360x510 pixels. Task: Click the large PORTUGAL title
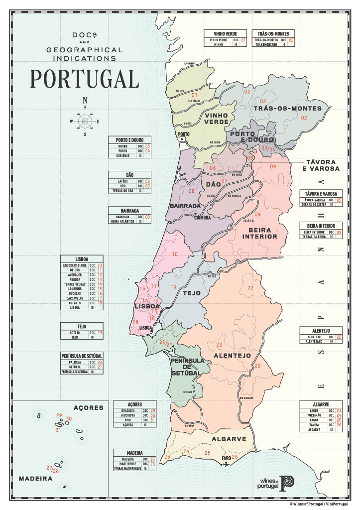[x=84, y=78]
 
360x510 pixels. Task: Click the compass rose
[x=85, y=120]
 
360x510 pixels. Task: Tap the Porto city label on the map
[x=185, y=134]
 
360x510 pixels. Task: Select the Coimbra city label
[x=203, y=217]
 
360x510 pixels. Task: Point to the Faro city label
[x=226, y=458]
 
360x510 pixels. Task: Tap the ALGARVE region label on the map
[x=229, y=439]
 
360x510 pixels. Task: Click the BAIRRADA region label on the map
[x=185, y=206]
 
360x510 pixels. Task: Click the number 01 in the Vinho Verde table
[x=243, y=40]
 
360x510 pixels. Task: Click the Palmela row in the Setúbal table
[x=82, y=362]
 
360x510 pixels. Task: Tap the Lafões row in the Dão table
[x=130, y=181]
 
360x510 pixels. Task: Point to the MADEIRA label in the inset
[x=35, y=478]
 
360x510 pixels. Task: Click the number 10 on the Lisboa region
[x=175, y=254]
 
